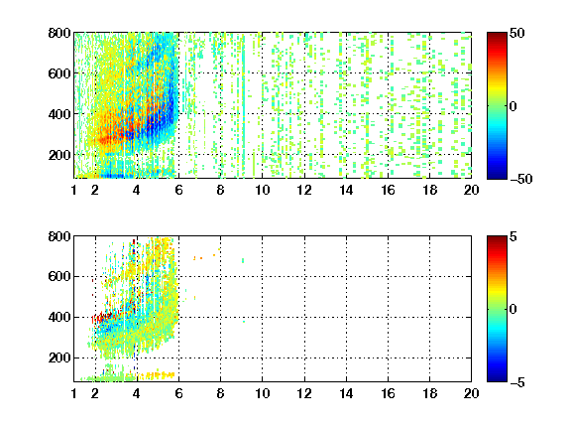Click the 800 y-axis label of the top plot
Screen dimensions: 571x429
point(59,33)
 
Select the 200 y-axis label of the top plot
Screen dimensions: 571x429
point(59,155)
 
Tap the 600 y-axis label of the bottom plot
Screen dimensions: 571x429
point(59,276)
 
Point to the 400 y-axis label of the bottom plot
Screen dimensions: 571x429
point(59,317)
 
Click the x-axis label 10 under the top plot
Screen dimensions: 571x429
point(262,190)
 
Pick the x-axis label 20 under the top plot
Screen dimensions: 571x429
point(471,190)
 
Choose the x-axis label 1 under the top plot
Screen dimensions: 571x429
point(74,190)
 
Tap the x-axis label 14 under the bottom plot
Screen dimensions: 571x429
point(346,393)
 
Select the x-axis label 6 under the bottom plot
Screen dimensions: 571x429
point(178,393)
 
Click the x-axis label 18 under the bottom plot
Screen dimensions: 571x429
point(429,393)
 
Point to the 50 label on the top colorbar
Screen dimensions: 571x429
point(517,33)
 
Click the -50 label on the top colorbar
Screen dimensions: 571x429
point(520,179)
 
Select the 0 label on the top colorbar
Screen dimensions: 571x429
point(514,106)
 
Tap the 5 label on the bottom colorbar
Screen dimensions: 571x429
point(514,236)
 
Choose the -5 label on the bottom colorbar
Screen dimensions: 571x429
point(517,382)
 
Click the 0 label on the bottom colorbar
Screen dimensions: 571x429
point(514,310)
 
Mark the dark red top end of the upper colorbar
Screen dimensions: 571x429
point(497,35)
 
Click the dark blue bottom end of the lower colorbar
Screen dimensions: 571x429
point(497,379)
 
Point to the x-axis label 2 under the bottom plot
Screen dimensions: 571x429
point(95,393)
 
